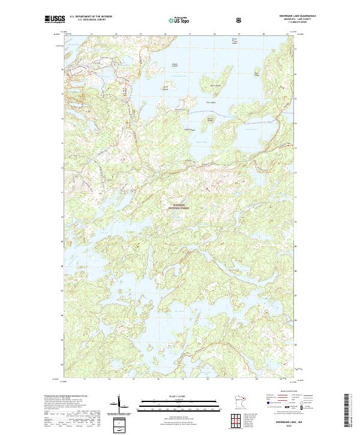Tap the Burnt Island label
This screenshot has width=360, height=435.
coord(209,119)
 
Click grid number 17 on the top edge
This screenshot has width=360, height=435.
coord(190,34)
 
